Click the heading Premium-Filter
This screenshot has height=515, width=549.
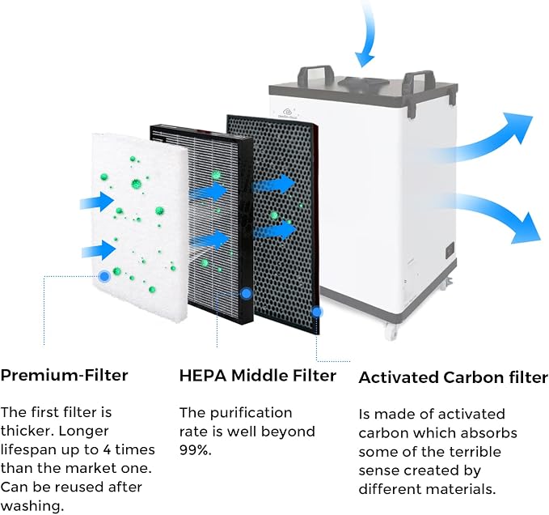click(64, 375)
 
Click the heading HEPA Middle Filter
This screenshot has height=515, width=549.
click(258, 376)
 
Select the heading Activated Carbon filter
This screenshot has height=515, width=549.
click(453, 377)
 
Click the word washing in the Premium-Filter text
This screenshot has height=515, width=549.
click(32, 506)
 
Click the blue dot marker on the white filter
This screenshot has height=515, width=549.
click(104, 277)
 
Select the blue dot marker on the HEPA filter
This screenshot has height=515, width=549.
click(247, 294)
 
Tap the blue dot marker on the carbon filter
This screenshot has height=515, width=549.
click(317, 312)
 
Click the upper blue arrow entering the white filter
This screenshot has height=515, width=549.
click(97, 202)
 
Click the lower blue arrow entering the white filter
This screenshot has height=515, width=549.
click(99, 250)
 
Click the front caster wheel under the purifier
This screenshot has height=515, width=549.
click(392, 330)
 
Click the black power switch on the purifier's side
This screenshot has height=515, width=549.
click(450, 251)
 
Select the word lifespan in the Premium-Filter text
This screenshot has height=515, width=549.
click(29, 449)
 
